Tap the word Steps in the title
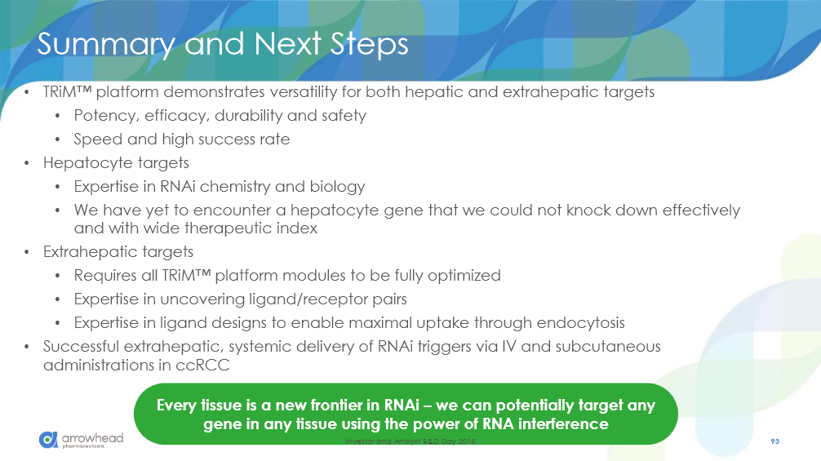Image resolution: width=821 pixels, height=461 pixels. point(370,44)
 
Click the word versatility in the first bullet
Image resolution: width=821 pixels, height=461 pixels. point(303,92)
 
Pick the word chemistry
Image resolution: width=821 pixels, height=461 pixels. point(235,187)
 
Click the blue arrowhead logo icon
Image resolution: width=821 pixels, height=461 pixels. point(48,440)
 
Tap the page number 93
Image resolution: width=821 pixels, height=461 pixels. point(775,441)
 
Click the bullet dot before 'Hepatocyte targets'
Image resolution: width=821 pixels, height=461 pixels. point(27,163)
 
